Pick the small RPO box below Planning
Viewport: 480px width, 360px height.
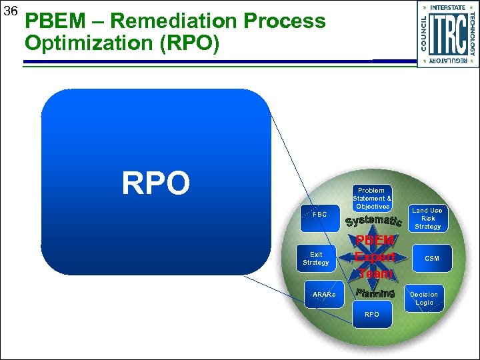[x=372, y=314]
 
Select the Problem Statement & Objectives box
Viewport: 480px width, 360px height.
[x=372, y=199]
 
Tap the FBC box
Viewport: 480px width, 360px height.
[x=320, y=215]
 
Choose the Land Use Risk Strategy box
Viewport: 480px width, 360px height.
[x=428, y=219]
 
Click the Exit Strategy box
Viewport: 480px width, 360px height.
[x=316, y=259]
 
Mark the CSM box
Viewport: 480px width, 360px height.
[x=432, y=258]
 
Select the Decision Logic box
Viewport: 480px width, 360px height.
[x=424, y=298]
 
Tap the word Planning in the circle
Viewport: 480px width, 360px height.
[x=375, y=293]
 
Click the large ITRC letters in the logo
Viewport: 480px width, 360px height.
[x=447, y=33]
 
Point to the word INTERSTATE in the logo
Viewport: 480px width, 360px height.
[x=448, y=7]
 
